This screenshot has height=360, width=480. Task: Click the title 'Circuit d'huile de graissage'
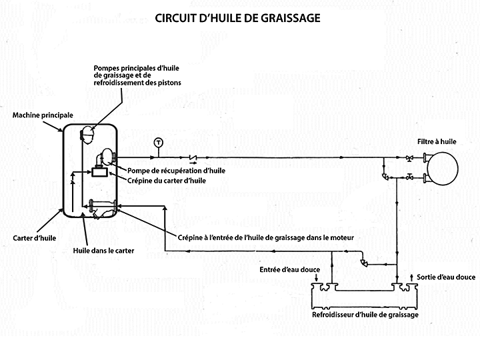click(x=238, y=18)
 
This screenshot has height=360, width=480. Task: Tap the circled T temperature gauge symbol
click(x=158, y=141)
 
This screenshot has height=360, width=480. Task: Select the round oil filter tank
click(x=443, y=167)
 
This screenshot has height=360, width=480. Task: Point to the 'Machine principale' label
click(x=43, y=115)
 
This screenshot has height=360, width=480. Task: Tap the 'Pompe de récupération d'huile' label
click(x=177, y=171)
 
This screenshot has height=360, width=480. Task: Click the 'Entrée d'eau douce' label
click(x=290, y=269)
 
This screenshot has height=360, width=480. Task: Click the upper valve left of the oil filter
click(x=409, y=158)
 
